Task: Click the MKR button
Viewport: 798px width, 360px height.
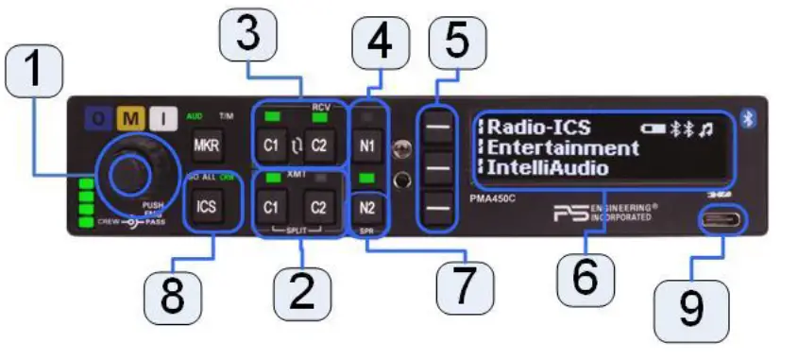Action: (x=206, y=146)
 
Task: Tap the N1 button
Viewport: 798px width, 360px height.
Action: (x=369, y=146)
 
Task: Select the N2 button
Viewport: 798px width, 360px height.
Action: (x=369, y=207)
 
